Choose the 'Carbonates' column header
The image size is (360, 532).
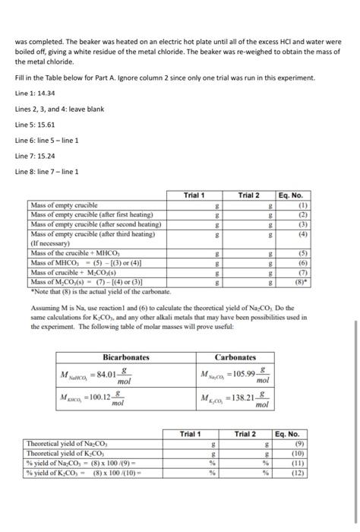tap(236, 356)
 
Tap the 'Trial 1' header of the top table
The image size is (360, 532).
tap(194, 196)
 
